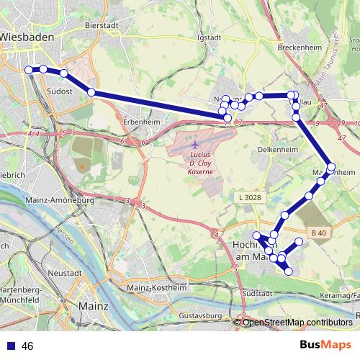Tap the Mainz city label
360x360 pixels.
click(x=93, y=305)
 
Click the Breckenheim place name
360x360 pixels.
click(x=297, y=48)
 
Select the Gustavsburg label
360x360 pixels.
click(x=202, y=315)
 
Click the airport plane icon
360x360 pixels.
click(x=196, y=144)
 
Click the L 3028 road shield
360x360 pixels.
click(x=248, y=196)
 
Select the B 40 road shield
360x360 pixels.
click(x=319, y=232)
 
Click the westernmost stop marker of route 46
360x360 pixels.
click(x=30, y=69)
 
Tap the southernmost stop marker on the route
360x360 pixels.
click(x=289, y=271)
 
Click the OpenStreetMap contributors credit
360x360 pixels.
click(x=297, y=322)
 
